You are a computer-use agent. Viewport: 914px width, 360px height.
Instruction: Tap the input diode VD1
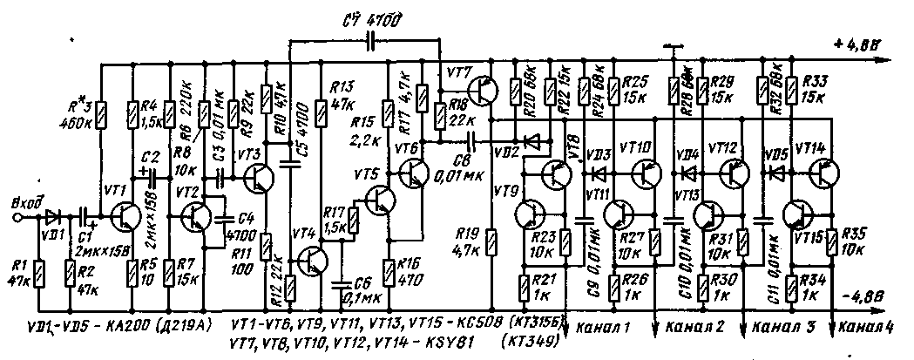point(55,214)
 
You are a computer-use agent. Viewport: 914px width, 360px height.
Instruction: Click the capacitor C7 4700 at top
point(370,41)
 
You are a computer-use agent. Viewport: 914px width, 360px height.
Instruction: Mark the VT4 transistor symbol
point(312,260)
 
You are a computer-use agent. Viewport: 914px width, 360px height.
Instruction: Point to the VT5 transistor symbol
point(380,200)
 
